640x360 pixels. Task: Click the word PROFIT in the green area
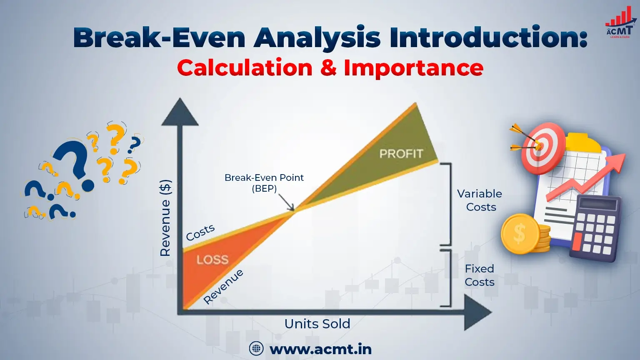click(401, 154)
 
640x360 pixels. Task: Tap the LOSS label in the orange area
click(212, 260)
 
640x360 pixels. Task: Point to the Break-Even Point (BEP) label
click(264, 183)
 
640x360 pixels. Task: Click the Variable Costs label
click(480, 200)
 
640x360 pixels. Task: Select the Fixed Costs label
click(480, 275)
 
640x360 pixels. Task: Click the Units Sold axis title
click(317, 324)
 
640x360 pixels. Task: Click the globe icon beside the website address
click(256, 349)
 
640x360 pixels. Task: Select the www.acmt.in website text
click(320, 349)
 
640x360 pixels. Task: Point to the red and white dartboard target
click(543, 147)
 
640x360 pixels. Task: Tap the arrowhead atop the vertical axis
click(180, 112)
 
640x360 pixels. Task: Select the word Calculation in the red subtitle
click(245, 68)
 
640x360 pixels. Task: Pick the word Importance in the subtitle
click(413, 68)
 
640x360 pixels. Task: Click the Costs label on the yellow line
click(200, 232)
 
